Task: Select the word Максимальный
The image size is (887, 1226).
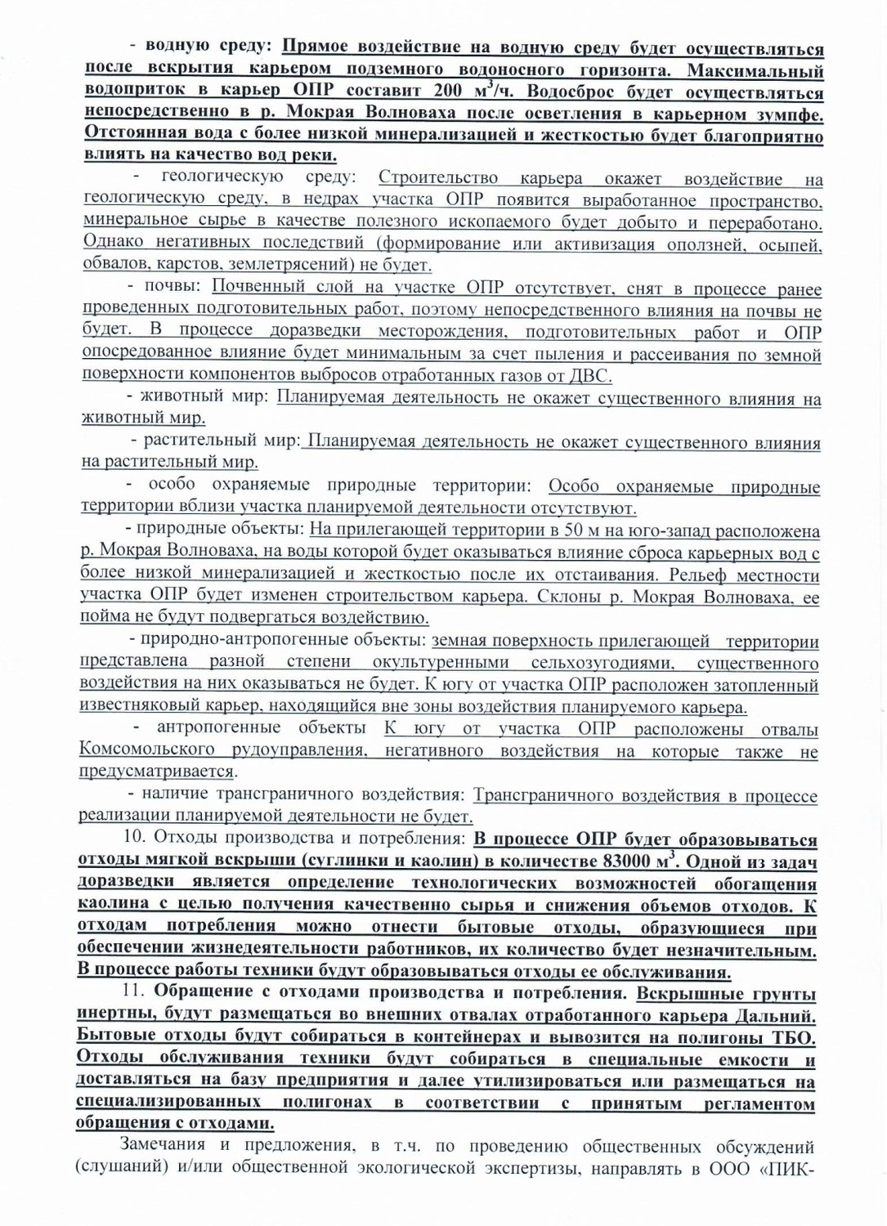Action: (x=755, y=69)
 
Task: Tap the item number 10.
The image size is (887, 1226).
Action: (x=134, y=838)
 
